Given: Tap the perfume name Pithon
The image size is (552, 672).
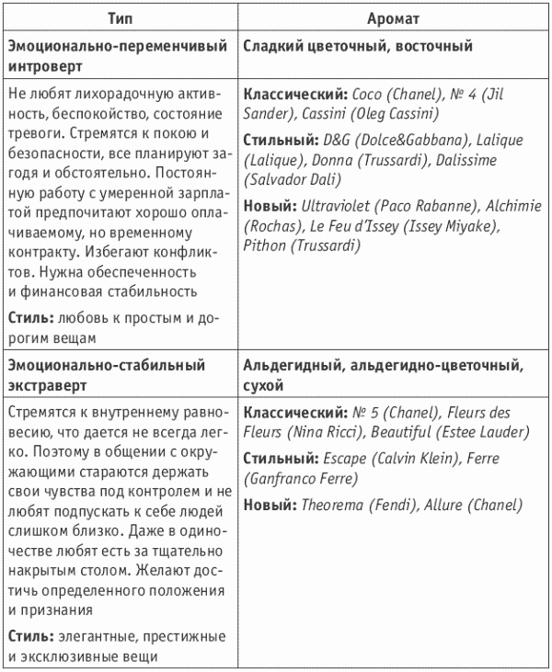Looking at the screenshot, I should click(x=266, y=245).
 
